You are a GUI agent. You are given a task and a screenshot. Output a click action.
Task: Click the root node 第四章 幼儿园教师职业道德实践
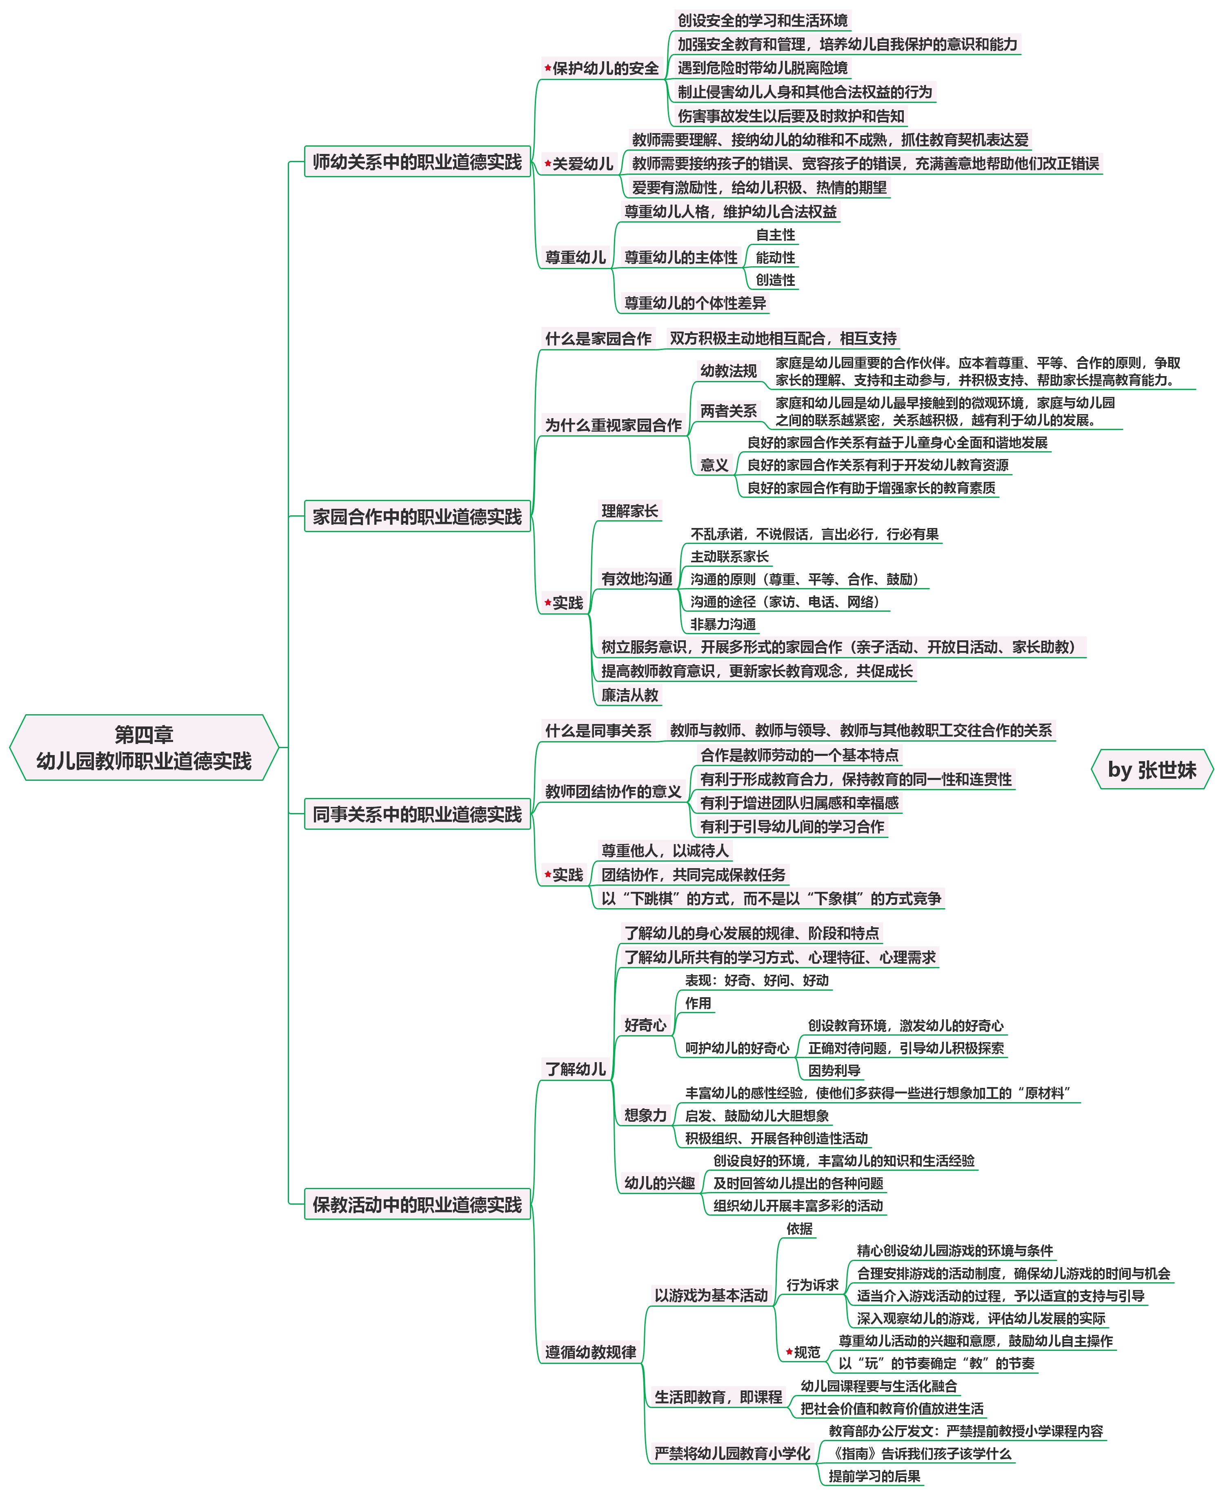tap(144, 747)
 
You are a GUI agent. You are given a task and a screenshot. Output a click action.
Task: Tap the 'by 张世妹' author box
tap(1151, 769)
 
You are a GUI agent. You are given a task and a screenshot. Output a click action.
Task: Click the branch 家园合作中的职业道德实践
tap(417, 517)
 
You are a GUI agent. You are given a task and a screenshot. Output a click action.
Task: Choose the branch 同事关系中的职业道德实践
tap(417, 814)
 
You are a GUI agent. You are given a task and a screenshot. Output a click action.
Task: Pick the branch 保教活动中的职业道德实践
tap(417, 1205)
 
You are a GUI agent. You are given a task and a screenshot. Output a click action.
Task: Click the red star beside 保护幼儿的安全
tap(547, 68)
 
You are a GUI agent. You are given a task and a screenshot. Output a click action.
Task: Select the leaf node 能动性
tap(775, 257)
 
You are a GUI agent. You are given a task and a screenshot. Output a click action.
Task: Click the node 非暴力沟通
tap(723, 624)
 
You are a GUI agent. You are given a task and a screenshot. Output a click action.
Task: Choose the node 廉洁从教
tap(630, 695)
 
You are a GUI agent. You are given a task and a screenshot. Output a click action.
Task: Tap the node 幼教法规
tap(728, 371)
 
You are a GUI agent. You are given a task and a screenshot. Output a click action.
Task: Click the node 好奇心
tap(645, 1025)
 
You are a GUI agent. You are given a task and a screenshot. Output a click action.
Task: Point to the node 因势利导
tap(834, 1070)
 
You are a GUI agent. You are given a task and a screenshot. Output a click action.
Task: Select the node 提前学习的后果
tap(874, 1476)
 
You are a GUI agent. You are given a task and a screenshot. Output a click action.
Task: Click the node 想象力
tap(645, 1115)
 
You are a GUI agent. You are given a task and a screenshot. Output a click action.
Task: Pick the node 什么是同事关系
tap(598, 730)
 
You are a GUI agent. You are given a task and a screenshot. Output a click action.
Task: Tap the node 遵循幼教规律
tap(590, 1352)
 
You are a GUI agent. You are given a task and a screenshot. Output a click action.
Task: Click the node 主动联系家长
tap(729, 556)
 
